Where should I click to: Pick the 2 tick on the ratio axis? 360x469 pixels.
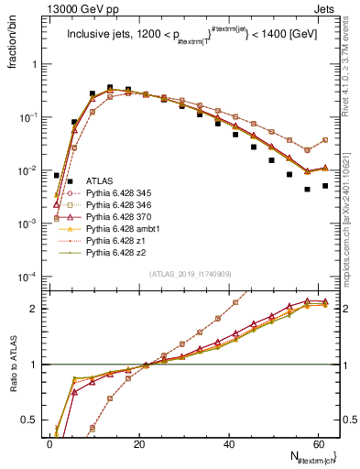click(x=38, y=309)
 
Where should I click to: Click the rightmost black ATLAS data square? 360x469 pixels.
click(x=324, y=185)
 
